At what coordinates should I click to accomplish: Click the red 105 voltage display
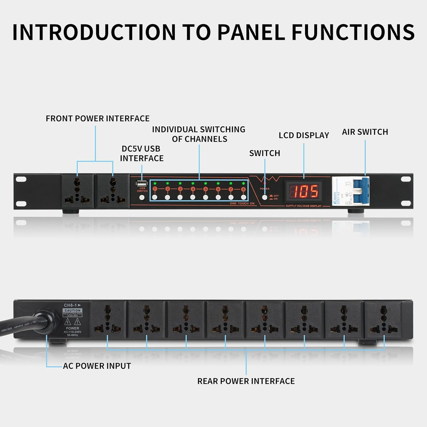coord(304,191)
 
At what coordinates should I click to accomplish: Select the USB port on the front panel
coord(142,183)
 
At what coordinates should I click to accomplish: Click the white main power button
coord(264,197)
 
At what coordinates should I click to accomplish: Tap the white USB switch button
coord(142,197)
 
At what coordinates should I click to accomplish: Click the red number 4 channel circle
coord(193,189)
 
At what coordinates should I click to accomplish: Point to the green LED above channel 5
coord(206,183)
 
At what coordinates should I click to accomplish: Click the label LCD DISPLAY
coord(304,136)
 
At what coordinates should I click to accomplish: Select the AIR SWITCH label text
coord(365,132)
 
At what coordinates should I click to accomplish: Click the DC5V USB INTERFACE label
coord(141,153)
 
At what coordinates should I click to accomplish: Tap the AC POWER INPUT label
coord(97,366)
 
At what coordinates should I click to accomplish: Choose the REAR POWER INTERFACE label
coord(246,381)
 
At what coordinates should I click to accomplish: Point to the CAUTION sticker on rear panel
coord(73,311)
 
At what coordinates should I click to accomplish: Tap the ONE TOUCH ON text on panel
coord(242,204)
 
